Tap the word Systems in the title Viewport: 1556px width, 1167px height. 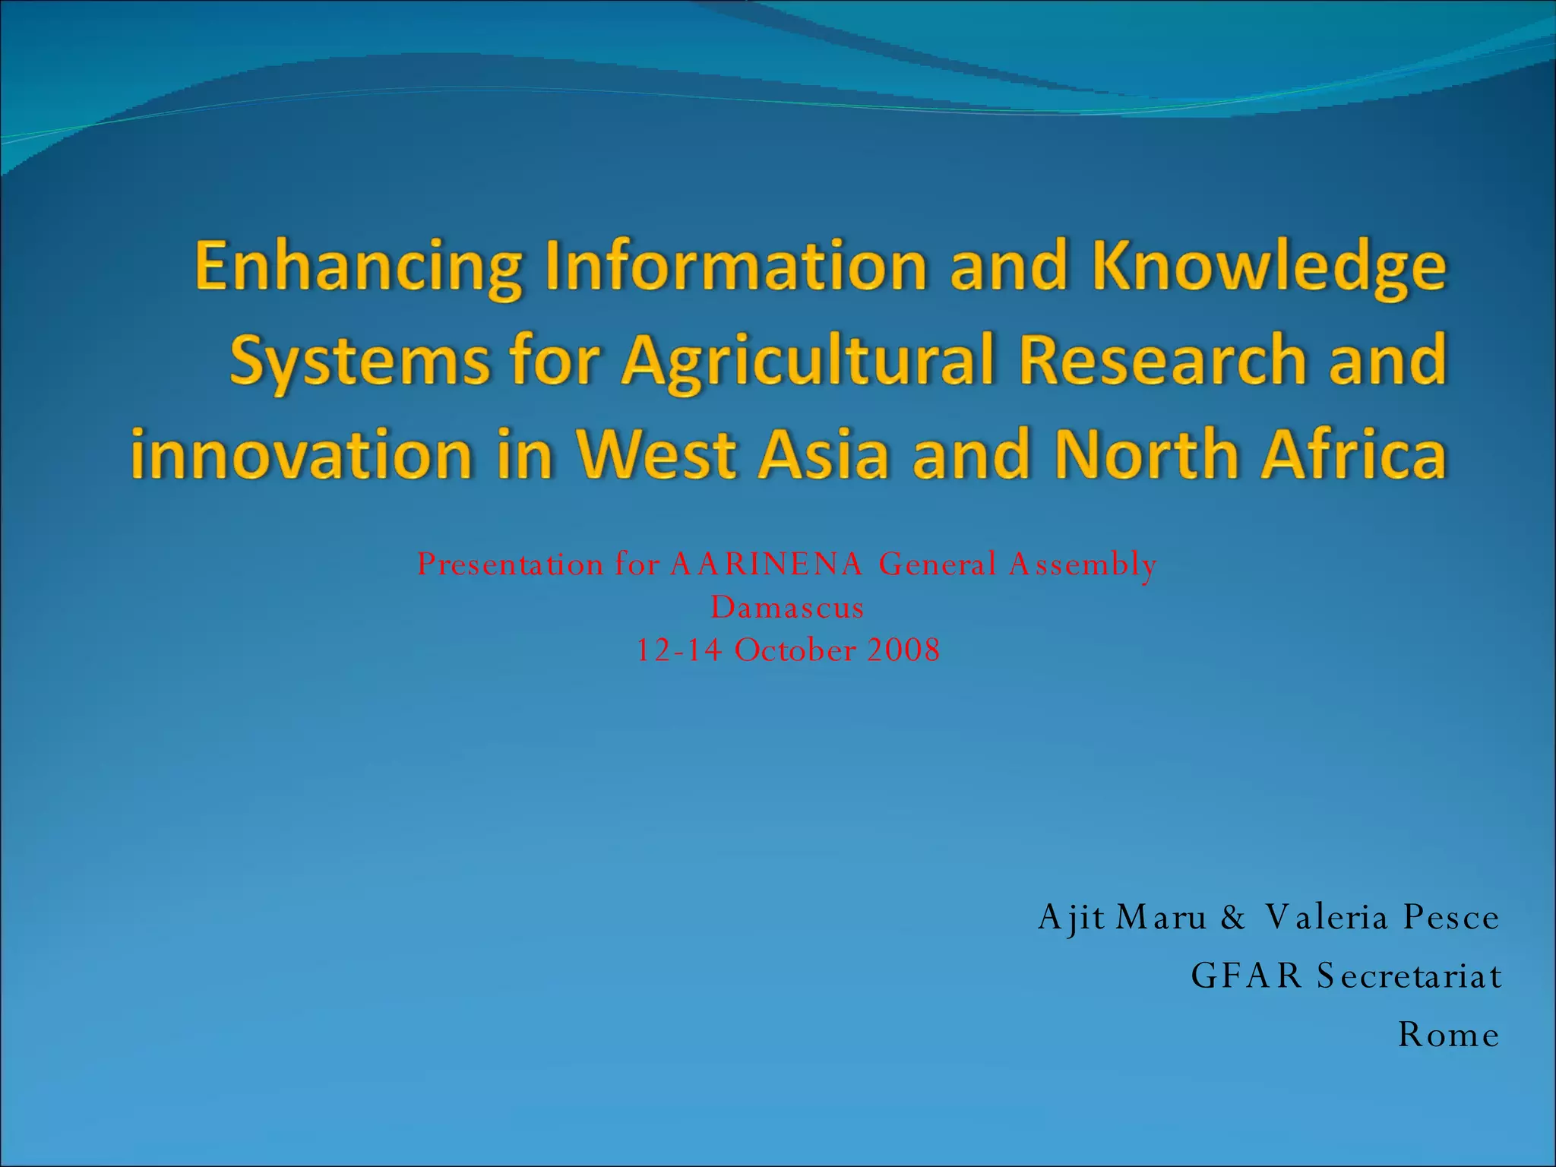click(x=360, y=360)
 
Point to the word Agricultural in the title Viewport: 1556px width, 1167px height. click(x=808, y=362)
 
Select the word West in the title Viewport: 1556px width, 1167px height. click(x=656, y=454)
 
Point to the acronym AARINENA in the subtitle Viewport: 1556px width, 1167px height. click(x=767, y=565)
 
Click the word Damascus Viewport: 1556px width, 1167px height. click(x=787, y=608)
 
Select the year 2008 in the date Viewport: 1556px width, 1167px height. click(x=903, y=650)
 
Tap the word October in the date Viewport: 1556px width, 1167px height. click(x=795, y=650)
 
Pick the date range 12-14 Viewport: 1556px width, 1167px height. click(x=678, y=650)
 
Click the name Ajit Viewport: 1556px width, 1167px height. click(x=1071, y=918)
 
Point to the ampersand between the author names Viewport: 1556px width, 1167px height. click(x=1233, y=918)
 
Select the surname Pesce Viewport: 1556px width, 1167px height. click(x=1451, y=918)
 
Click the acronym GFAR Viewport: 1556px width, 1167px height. click(x=1247, y=976)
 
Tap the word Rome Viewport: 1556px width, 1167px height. click(x=1449, y=1035)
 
